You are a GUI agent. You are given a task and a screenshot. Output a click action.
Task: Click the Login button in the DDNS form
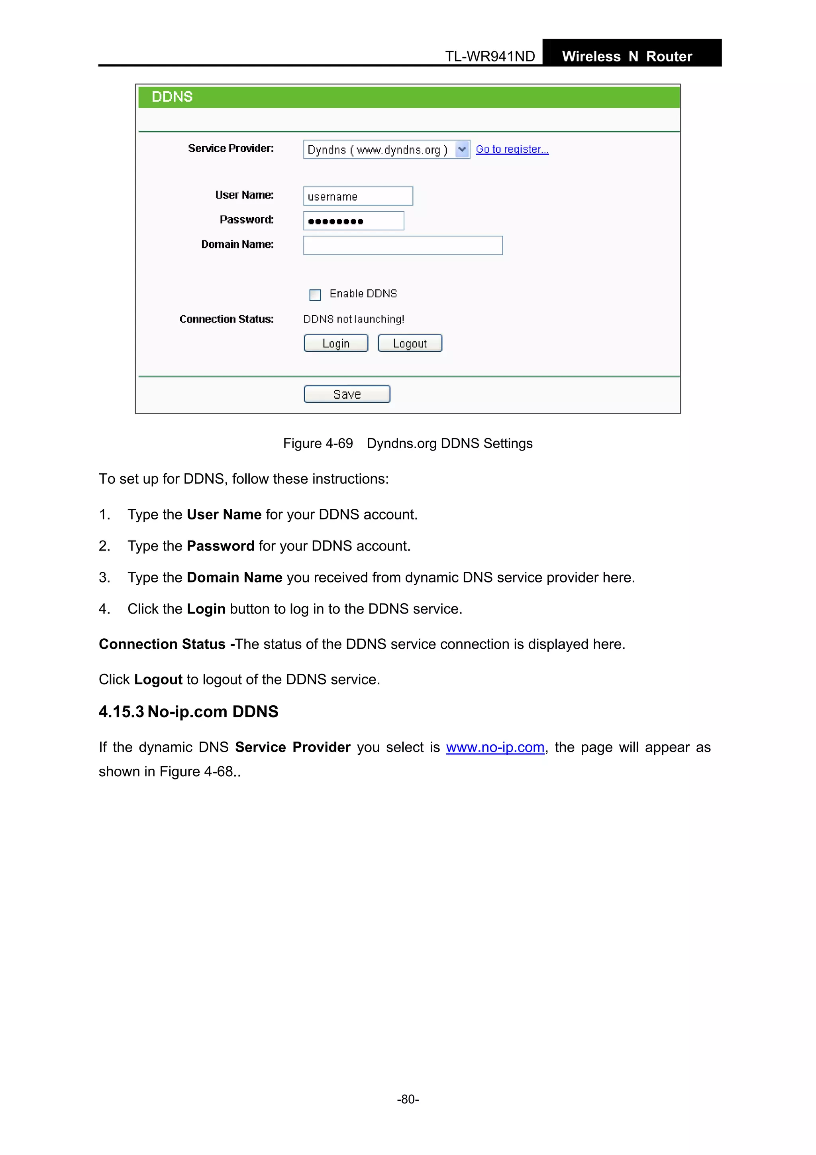pyautogui.click(x=336, y=344)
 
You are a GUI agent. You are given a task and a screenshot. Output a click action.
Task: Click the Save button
pyautogui.click(x=347, y=394)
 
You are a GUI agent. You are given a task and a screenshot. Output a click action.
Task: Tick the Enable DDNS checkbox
pyautogui.click(x=315, y=295)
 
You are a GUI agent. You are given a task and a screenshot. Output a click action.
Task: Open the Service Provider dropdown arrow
pyautogui.click(x=462, y=150)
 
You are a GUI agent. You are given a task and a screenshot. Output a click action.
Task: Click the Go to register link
pyautogui.click(x=512, y=150)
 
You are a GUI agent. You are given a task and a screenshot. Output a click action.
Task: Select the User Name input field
pyautogui.click(x=358, y=196)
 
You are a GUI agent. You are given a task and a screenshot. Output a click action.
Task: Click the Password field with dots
pyautogui.click(x=353, y=221)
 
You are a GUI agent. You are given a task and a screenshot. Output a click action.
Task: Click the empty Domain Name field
pyautogui.click(x=403, y=246)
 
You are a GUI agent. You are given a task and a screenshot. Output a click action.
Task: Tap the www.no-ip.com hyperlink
pyautogui.click(x=495, y=748)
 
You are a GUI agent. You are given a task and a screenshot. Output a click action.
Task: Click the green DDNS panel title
pyautogui.click(x=173, y=97)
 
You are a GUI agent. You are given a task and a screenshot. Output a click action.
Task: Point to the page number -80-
pyautogui.click(x=408, y=1099)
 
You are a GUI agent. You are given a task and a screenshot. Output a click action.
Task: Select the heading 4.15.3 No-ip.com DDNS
pyautogui.click(x=188, y=712)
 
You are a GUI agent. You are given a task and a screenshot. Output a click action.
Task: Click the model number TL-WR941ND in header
pyautogui.click(x=490, y=56)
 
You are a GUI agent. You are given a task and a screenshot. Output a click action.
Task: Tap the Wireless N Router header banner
pyautogui.click(x=627, y=56)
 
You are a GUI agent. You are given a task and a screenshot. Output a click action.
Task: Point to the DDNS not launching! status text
pyautogui.click(x=353, y=319)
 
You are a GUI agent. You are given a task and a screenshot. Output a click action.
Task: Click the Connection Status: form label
pyautogui.click(x=227, y=319)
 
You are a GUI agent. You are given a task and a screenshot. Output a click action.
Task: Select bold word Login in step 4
pyautogui.click(x=206, y=609)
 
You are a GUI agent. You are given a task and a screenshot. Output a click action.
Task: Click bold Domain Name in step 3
pyautogui.click(x=234, y=577)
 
